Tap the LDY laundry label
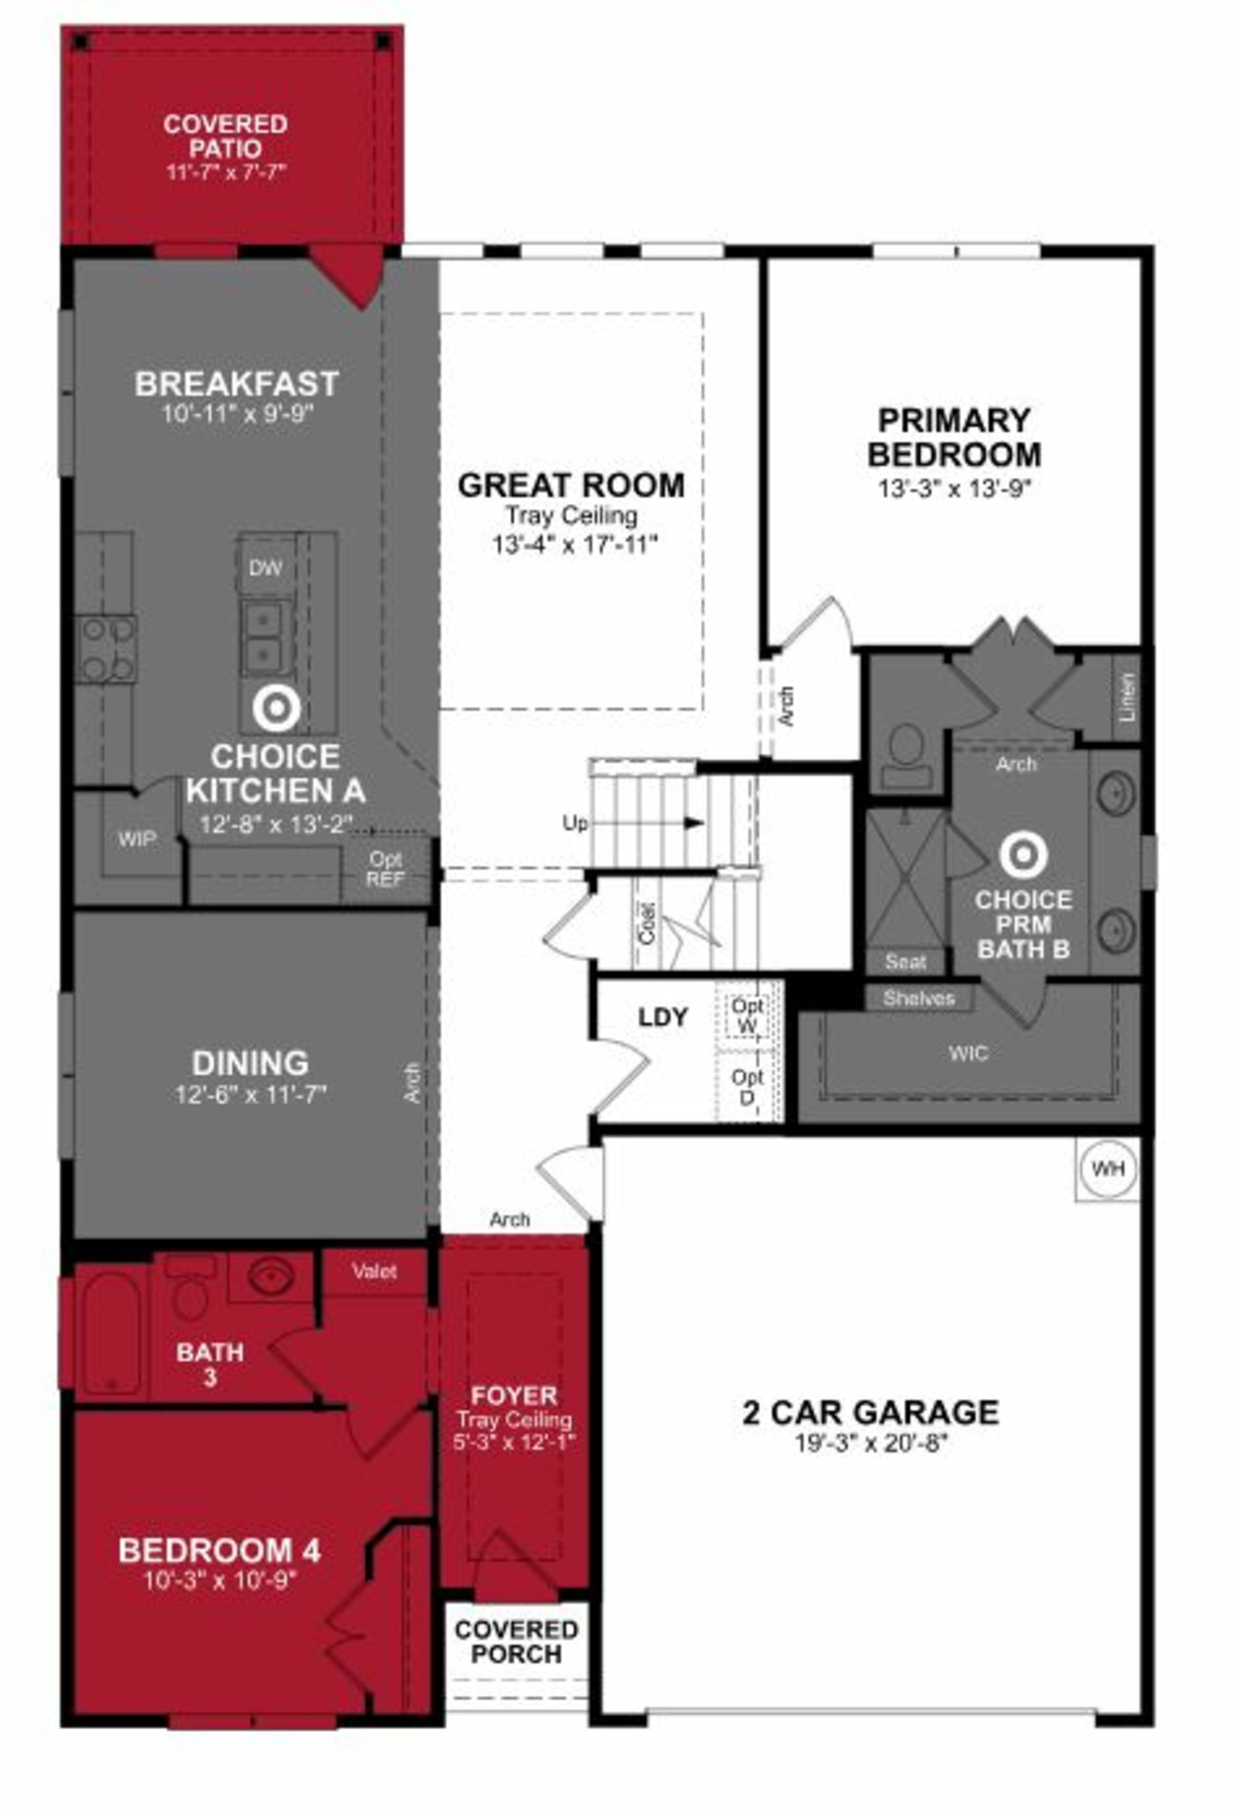pos(663,1017)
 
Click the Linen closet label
pos(1127,697)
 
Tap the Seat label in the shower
pos(906,962)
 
